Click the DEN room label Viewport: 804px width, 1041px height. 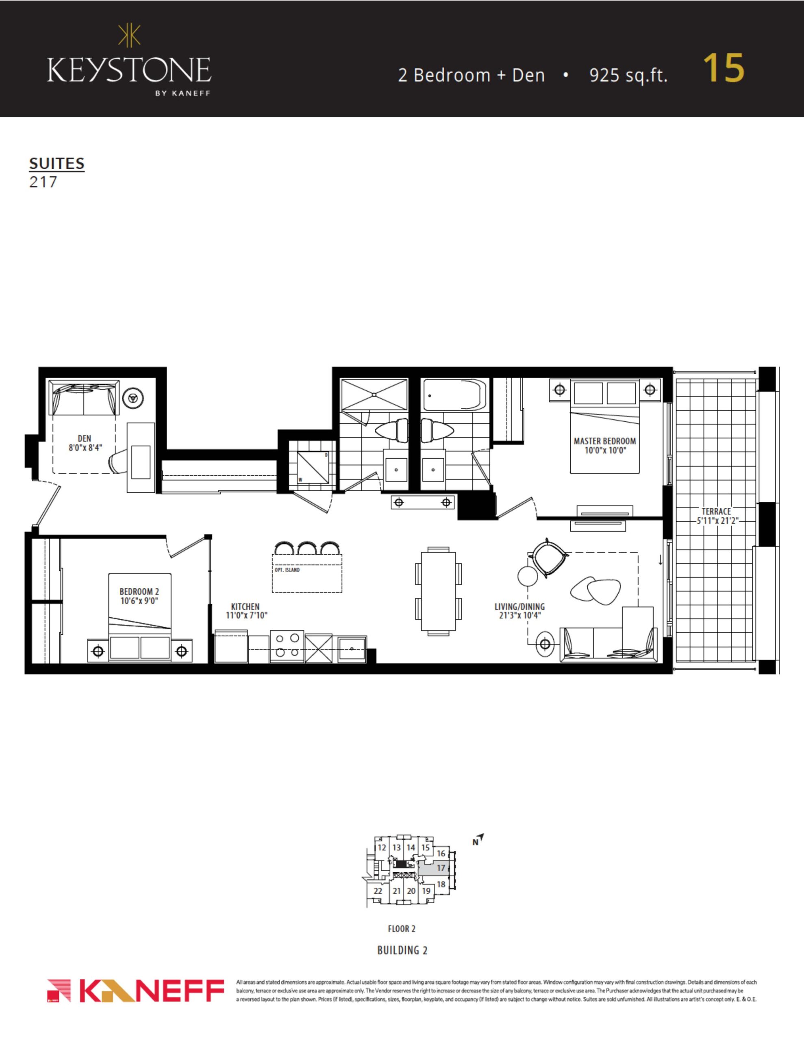click(x=85, y=438)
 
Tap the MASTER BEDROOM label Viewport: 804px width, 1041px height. click(x=605, y=441)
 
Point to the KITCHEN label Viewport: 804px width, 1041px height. click(x=246, y=606)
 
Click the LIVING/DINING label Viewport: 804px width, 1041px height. click(x=519, y=607)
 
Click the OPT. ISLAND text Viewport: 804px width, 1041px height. click(x=287, y=570)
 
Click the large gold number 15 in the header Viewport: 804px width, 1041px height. click(x=724, y=68)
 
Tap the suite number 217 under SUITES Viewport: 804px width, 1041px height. click(x=43, y=182)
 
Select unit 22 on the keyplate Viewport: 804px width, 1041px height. click(x=378, y=891)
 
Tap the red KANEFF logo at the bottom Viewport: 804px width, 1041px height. click(x=136, y=991)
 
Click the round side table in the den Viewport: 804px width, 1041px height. click(x=133, y=398)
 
